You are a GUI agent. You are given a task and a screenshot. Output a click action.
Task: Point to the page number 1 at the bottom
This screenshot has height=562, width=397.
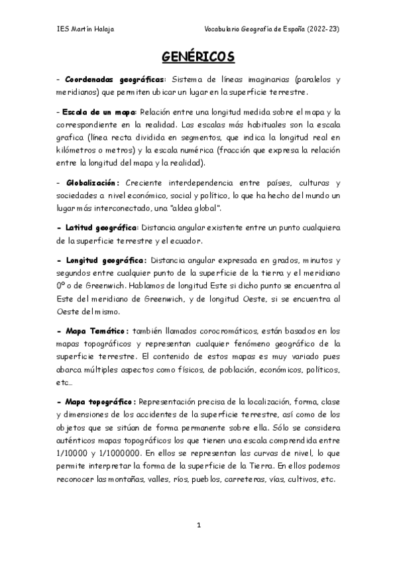(x=199, y=525)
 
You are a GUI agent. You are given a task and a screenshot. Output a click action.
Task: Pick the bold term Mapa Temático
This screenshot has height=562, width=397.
(x=96, y=329)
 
